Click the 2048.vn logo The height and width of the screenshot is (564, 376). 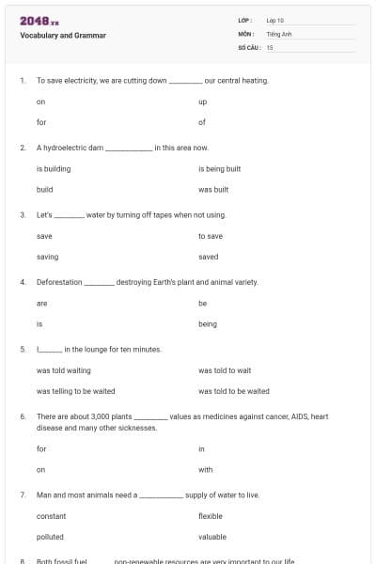33,21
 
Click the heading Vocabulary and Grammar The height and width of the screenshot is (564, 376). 63,36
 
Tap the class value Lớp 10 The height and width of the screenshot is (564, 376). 275,20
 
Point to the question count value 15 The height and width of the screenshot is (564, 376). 270,47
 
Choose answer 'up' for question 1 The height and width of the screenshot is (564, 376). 203,102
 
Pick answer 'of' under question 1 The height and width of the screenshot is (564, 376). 202,122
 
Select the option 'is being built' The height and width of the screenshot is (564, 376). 220,169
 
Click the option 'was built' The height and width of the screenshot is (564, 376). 214,189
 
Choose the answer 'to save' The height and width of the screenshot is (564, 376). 211,236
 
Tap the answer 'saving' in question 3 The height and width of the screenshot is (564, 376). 47,257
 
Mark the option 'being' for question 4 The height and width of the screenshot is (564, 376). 208,324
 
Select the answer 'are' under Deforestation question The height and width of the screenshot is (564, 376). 41,304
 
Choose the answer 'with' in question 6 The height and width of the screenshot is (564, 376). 206,469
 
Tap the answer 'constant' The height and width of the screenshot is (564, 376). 52,516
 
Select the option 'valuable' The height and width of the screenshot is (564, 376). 212,537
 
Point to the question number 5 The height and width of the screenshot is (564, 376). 22,350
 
